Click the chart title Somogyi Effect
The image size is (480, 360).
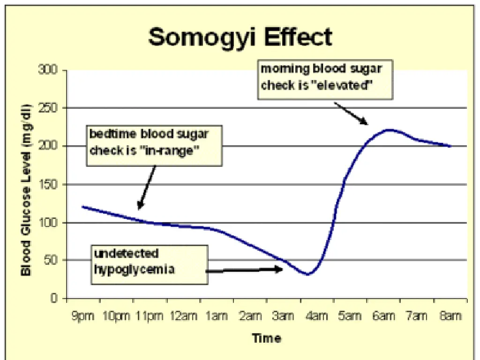[240, 37]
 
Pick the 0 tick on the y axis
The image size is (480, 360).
[54, 298]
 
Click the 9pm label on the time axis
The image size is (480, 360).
[82, 316]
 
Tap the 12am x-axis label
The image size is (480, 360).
[183, 316]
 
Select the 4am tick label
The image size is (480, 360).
[316, 316]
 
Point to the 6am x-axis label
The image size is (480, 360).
[383, 316]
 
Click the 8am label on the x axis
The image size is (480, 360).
[450, 316]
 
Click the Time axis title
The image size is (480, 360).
[266, 338]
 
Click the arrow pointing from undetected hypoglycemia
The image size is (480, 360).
[244, 270]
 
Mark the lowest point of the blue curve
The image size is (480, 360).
[307, 274]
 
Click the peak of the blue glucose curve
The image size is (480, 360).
[389, 130]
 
